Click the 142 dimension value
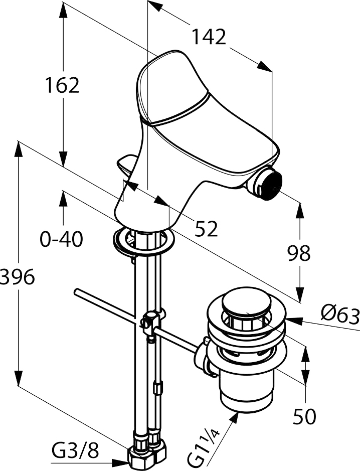(x=210, y=37)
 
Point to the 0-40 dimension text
(x=62, y=239)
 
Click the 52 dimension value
(x=206, y=229)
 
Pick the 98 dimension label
(x=298, y=253)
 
